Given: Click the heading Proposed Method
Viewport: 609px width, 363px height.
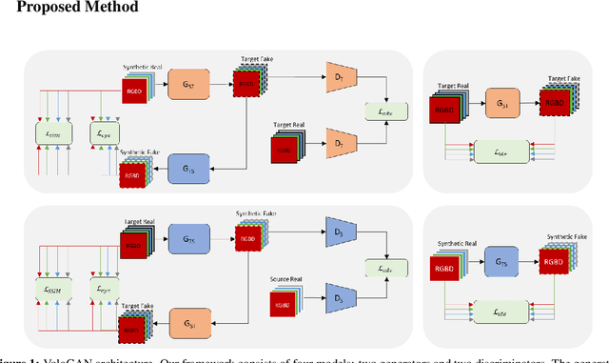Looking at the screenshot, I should [69, 9].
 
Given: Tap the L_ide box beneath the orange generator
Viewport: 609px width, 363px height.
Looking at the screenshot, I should [504, 151].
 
